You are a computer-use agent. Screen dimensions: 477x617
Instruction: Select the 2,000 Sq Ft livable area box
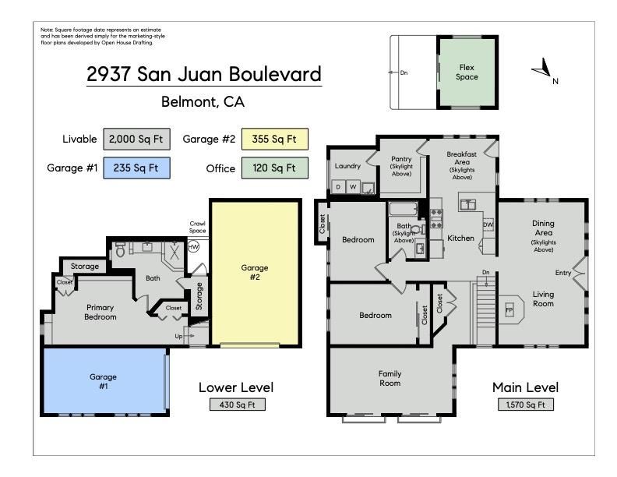[x=133, y=140]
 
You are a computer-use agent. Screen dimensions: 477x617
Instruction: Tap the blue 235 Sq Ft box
[x=133, y=168]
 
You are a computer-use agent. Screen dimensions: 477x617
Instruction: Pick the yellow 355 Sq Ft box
[x=275, y=140]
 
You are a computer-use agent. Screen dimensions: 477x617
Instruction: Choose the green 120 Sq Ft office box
[x=275, y=168]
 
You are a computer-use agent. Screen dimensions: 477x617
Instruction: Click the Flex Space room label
[x=467, y=72]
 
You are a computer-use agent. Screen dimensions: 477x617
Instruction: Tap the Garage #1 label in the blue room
[x=103, y=381]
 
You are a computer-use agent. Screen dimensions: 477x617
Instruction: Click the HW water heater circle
[x=194, y=247]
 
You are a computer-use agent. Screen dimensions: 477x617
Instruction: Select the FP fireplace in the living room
[x=509, y=310]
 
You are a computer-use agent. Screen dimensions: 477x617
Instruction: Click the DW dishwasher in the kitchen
[x=488, y=225]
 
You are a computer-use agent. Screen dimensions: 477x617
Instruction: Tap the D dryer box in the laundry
[x=339, y=187]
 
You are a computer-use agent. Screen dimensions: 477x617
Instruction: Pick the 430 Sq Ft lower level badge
[x=236, y=405]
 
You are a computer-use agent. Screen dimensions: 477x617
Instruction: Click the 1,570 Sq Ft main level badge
[x=525, y=405]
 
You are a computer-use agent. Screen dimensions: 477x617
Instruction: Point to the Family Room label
[x=390, y=378]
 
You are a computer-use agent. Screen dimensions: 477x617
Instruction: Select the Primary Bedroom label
[x=100, y=312]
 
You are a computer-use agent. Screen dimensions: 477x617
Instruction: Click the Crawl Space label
[x=198, y=227]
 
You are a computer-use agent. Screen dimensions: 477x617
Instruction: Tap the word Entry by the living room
[x=562, y=273]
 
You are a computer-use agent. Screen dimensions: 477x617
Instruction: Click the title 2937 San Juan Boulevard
[x=203, y=75]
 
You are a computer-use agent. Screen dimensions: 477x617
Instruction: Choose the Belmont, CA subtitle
[x=203, y=101]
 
